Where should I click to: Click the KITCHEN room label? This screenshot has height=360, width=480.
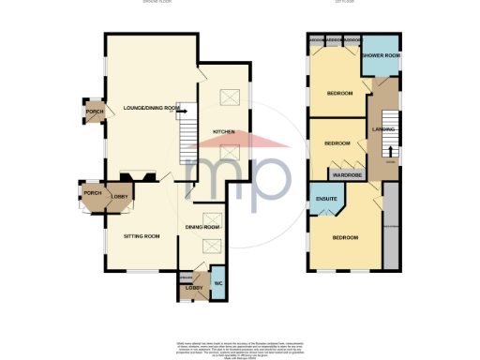coord(222,130)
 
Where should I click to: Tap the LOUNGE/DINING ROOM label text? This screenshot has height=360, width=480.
coord(151,109)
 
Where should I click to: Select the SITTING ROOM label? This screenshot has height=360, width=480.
coord(142,235)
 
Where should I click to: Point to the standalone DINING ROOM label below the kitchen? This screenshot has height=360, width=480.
coord(202,228)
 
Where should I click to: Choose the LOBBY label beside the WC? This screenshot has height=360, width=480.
coord(193,288)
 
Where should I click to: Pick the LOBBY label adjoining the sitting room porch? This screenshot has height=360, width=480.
coord(119,195)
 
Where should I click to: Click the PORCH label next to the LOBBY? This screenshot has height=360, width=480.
coord(92,193)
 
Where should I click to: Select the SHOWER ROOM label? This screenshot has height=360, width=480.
coord(381,56)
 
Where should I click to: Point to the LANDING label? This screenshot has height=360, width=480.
coord(382,128)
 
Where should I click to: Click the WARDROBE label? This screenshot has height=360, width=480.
coord(344,174)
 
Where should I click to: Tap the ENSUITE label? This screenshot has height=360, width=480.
coord(326,199)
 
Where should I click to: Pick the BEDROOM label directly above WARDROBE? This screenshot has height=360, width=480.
coord(337,143)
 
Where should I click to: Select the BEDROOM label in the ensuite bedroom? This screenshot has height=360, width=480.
coord(344,237)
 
